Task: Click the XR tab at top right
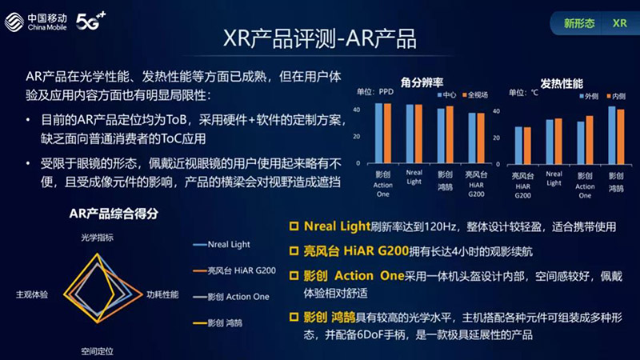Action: (618, 23)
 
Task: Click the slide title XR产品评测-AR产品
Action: (319, 39)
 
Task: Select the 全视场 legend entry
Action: (478, 96)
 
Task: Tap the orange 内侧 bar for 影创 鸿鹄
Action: (619, 137)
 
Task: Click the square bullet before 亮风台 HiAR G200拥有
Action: (294, 250)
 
